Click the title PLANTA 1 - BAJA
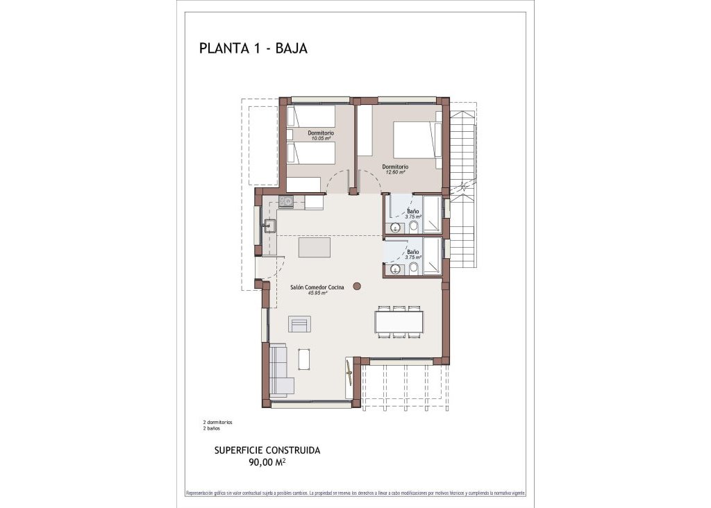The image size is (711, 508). (253, 49)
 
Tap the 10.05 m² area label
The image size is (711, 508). (321, 139)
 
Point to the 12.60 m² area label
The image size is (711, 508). (394, 172)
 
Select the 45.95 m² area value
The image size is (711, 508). (317, 293)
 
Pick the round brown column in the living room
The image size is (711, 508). (357, 285)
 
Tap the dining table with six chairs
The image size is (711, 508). (399, 321)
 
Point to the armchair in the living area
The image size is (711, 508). (300, 323)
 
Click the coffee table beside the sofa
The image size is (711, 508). (304, 359)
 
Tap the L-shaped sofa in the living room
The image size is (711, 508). (279, 371)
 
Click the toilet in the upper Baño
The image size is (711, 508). (413, 227)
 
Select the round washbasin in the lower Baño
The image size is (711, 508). (396, 269)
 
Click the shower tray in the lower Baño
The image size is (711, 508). (432, 257)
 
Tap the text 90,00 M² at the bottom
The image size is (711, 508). (267, 462)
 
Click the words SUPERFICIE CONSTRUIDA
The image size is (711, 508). (267, 450)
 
